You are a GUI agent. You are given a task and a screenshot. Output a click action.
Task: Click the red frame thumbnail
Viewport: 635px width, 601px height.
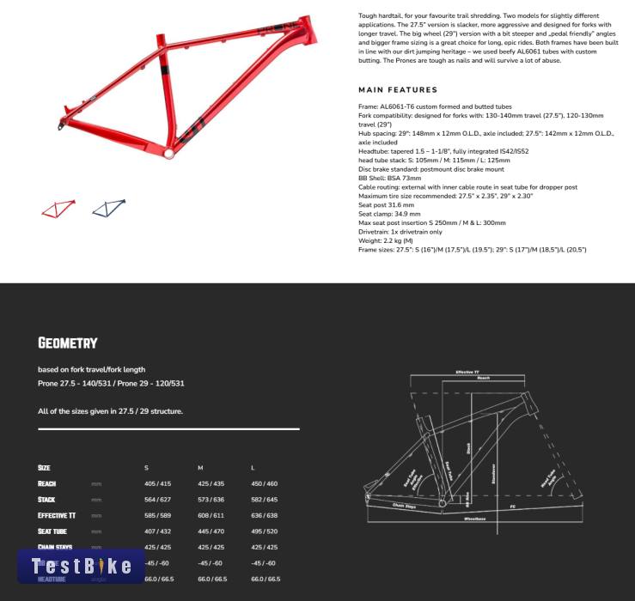click(x=58, y=208)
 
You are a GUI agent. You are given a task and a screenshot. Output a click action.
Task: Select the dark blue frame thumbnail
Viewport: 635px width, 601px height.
click(x=109, y=208)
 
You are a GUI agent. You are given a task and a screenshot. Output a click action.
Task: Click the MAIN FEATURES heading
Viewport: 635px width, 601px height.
click(x=398, y=89)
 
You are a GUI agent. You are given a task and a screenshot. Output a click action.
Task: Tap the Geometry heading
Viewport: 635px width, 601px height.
click(x=68, y=343)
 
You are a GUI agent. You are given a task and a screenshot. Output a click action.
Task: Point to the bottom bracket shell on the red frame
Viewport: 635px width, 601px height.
click(x=168, y=154)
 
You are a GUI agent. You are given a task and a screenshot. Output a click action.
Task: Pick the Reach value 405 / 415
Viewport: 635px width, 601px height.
click(x=157, y=483)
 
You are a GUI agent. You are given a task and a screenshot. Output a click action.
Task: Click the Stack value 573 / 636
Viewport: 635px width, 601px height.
click(x=211, y=499)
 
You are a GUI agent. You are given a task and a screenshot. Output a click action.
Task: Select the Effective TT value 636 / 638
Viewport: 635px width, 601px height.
click(x=264, y=515)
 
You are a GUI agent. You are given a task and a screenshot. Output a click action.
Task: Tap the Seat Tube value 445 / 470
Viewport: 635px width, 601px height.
click(x=211, y=531)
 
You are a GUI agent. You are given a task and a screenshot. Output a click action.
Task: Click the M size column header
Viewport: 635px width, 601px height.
click(x=200, y=467)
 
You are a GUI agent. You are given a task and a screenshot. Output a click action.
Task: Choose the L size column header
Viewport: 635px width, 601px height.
click(x=253, y=467)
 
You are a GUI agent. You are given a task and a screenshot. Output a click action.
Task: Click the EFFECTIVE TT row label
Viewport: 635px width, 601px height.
click(x=57, y=515)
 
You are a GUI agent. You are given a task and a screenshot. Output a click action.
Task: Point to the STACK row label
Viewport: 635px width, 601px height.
click(x=46, y=499)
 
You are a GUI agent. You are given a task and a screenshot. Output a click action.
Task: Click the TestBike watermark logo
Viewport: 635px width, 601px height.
click(x=81, y=565)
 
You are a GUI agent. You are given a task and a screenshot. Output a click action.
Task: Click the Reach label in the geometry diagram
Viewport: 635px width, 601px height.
click(x=483, y=378)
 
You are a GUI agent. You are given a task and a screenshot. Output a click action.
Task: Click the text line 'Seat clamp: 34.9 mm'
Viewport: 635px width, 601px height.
click(x=388, y=214)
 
